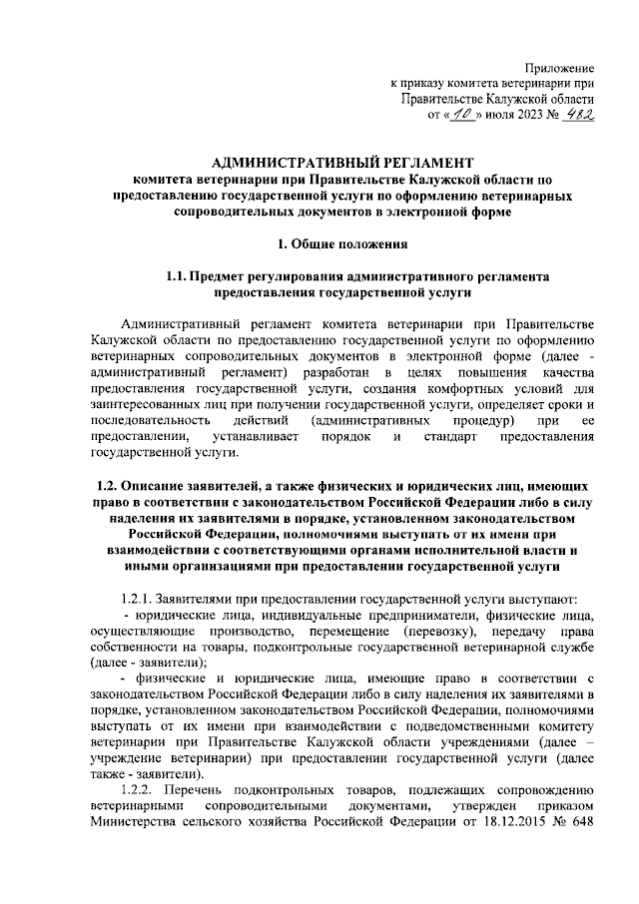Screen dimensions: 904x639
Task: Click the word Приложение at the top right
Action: coord(559,65)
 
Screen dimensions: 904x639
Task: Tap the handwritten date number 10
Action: coord(466,116)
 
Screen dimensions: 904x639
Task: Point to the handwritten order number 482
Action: coord(576,116)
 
